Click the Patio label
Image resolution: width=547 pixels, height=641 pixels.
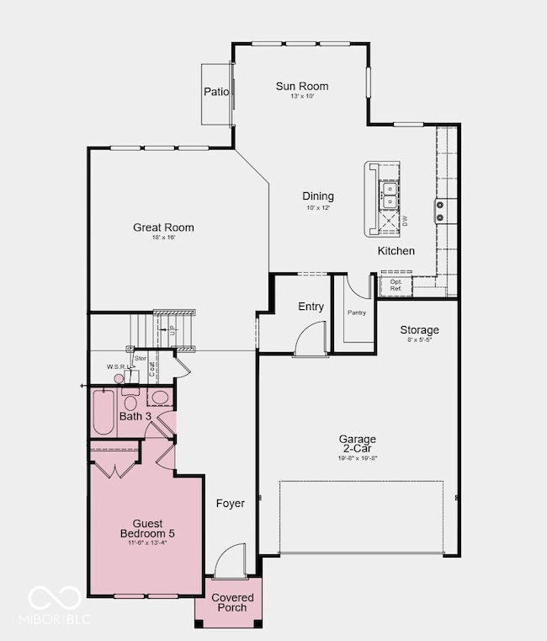216,92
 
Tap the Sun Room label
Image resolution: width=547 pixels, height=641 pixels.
302,86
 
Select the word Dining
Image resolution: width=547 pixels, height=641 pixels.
318,196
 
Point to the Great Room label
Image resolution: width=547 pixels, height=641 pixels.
163,227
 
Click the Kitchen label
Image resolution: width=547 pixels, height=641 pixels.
396,251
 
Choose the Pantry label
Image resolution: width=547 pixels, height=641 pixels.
356,312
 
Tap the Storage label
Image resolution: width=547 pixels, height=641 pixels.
419,329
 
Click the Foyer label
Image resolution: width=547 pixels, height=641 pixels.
230,504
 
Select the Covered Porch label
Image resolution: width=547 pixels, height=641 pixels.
232,603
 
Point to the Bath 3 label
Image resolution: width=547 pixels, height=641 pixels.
135,416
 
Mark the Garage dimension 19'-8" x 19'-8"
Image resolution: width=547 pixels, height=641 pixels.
358,458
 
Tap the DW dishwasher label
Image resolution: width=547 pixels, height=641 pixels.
405,221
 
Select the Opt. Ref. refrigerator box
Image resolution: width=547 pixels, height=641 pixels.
395,286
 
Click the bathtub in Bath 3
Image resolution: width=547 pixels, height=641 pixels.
104,412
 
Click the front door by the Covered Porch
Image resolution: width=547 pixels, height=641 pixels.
228,562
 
